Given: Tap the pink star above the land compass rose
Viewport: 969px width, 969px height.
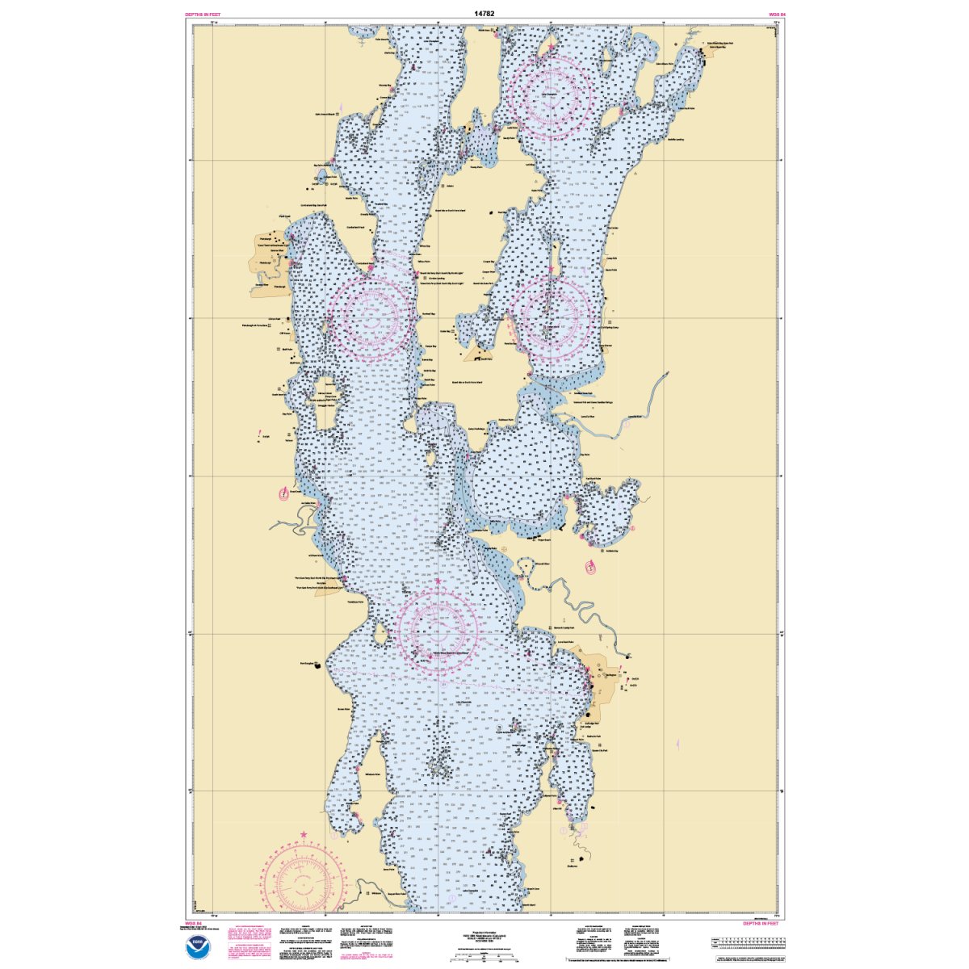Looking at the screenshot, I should coord(304,834).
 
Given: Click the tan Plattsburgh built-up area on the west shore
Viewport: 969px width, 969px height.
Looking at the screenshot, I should coord(269,262).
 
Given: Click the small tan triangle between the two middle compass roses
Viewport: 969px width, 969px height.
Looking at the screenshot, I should coord(479,353).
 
